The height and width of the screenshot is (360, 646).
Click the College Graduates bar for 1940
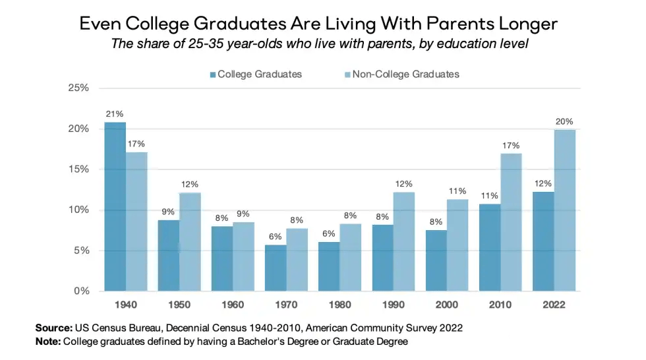tap(115, 206)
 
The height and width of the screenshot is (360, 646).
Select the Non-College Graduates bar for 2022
tap(565, 210)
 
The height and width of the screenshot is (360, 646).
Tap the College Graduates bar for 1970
tap(276, 268)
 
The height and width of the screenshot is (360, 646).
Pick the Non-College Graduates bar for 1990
tap(404, 241)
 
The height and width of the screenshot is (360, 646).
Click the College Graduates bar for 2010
tap(490, 247)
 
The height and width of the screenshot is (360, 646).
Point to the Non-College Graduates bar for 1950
tap(191, 241)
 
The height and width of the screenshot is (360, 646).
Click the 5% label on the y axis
tap(81, 251)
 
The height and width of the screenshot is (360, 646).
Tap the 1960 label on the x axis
tap(233, 305)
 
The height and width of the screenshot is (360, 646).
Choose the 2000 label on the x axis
tap(447, 305)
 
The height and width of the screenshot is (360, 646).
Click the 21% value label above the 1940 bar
tap(115, 113)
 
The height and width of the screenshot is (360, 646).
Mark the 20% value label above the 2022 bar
tap(565, 121)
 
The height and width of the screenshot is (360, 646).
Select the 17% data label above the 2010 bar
tap(512, 145)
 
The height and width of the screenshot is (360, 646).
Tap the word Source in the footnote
tap(53, 328)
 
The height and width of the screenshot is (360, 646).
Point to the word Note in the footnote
tap(48, 341)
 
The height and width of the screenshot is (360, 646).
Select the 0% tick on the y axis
tap(81, 291)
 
